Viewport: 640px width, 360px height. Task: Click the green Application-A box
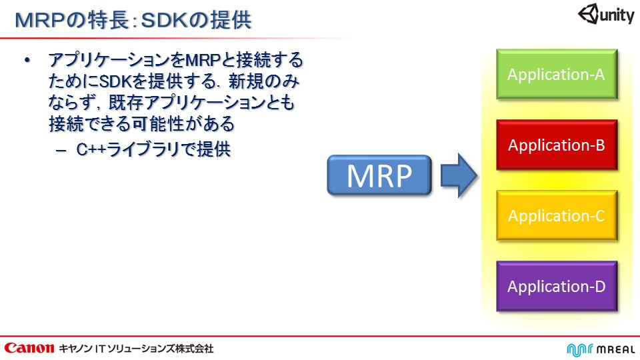point(557,74)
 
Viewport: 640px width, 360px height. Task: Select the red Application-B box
point(557,145)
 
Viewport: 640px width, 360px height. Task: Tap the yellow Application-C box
point(557,215)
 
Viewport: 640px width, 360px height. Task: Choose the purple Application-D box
point(557,286)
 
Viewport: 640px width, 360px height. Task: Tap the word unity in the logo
point(618,16)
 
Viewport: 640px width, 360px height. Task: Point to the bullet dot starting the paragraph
point(27,61)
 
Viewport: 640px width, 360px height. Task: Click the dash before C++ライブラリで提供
point(62,150)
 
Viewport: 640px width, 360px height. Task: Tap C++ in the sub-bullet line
point(90,150)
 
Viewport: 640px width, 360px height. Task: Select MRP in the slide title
point(39,21)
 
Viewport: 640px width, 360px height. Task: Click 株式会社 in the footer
point(193,348)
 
